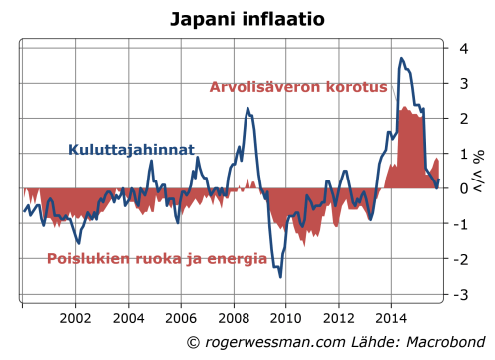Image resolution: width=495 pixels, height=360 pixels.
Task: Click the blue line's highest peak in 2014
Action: (x=401, y=58)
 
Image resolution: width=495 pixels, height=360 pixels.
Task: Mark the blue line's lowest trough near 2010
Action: (x=280, y=277)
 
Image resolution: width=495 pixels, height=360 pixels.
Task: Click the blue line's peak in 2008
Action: (x=248, y=108)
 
